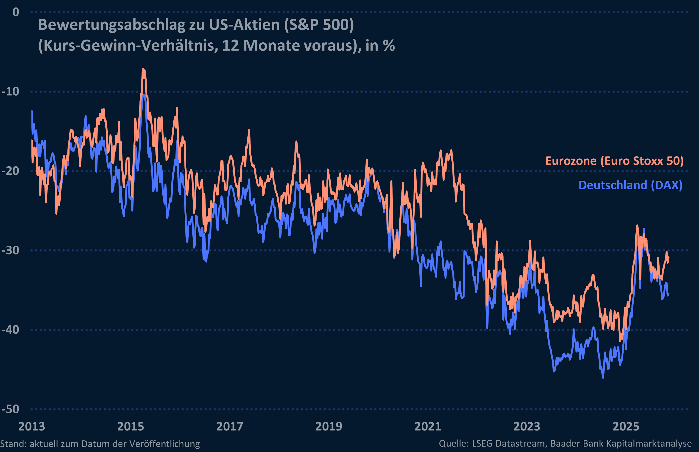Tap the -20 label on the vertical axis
[x=11, y=171]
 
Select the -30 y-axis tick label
[x=11, y=250]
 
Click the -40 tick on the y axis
[x=11, y=330]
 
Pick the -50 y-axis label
[x=11, y=409]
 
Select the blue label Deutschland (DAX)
[x=630, y=185]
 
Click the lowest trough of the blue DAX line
[x=603, y=377]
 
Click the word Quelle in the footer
[x=453, y=443]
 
